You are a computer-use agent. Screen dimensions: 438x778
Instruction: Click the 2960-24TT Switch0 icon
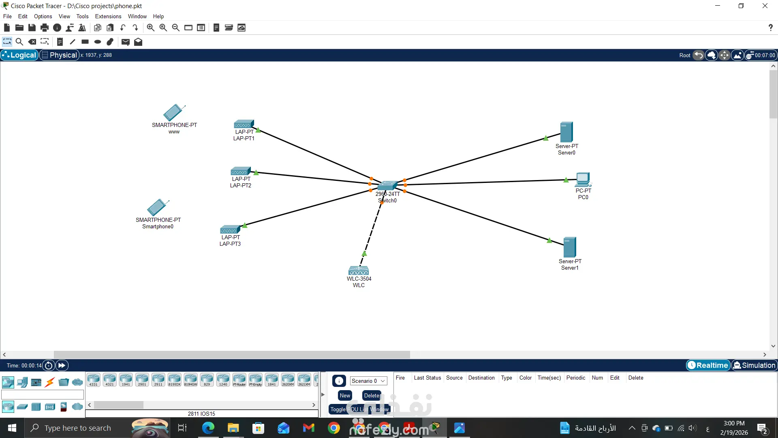click(387, 186)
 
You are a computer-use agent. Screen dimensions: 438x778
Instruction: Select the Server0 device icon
click(566, 132)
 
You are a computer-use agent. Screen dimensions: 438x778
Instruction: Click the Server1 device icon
click(569, 247)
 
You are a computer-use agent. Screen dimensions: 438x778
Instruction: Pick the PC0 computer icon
click(583, 180)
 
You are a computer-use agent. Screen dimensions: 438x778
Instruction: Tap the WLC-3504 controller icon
click(359, 270)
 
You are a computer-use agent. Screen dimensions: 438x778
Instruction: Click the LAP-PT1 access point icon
click(244, 124)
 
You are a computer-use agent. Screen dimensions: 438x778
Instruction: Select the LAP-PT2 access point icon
click(240, 171)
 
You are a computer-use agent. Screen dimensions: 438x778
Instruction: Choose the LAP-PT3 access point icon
click(230, 230)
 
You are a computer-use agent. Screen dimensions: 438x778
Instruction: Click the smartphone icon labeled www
click(174, 113)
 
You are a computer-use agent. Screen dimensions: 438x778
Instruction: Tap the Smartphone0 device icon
click(158, 207)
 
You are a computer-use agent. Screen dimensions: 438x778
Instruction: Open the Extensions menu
click(108, 16)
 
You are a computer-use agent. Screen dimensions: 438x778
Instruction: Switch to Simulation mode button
click(754, 365)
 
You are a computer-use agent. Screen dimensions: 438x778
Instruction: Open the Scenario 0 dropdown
click(368, 381)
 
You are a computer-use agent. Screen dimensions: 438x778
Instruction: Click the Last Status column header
click(427, 378)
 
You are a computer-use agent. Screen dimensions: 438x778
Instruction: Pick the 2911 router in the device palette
click(158, 380)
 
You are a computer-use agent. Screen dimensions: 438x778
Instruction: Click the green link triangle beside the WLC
click(364, 254)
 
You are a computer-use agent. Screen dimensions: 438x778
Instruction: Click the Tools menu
click(82, 16)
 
